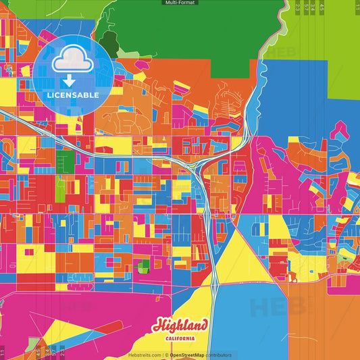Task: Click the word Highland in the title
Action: point(180,326)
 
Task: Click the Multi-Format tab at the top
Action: point(180,3)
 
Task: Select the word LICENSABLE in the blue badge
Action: point(73,95)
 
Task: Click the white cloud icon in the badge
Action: point(73,60)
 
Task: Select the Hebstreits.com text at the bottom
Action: point(145,355)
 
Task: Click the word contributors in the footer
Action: point(219,355)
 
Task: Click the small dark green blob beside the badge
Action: point(108,44)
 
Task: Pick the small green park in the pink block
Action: point(143,266)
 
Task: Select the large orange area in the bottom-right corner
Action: point(324,324)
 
